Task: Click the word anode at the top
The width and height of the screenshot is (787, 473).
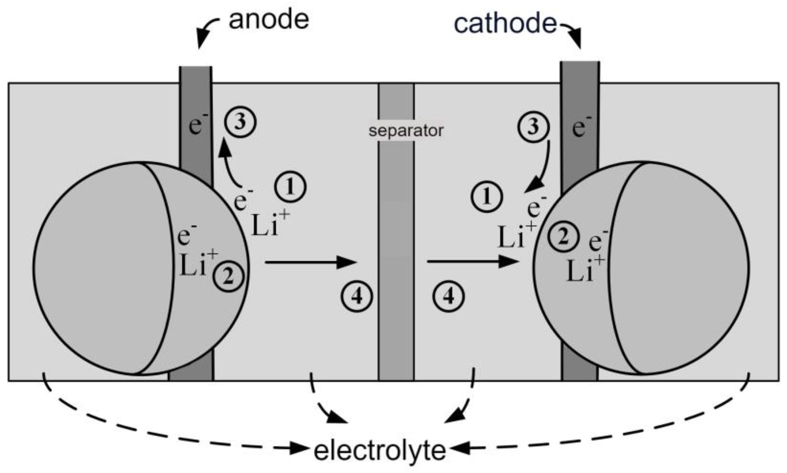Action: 269,20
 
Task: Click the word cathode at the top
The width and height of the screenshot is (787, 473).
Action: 505,24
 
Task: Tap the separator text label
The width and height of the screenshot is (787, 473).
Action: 406,131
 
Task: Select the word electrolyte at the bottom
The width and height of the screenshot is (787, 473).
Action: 380,451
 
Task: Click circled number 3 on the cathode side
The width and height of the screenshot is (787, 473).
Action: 533,127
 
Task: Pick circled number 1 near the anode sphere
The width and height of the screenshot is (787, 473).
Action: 290,187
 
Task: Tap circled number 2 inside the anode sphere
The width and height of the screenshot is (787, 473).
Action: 228,277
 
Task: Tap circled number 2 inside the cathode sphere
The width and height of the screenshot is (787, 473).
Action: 564,237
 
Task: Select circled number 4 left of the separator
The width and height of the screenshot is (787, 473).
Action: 357,297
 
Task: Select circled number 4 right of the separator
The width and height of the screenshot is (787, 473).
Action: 448,297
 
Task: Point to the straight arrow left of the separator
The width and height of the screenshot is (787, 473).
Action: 310,262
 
